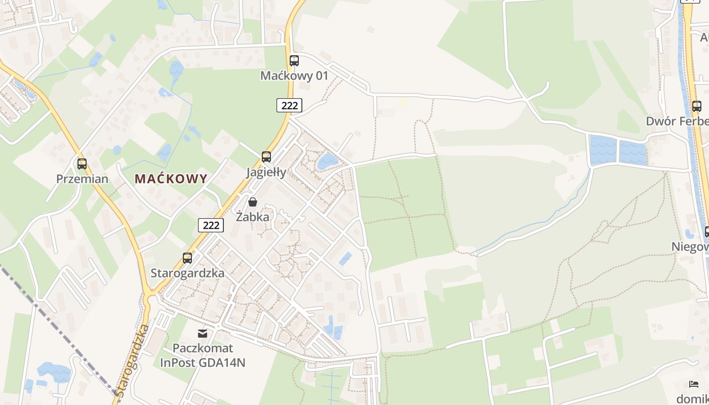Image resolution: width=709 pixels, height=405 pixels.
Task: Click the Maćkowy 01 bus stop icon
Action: click(x=294, y=61)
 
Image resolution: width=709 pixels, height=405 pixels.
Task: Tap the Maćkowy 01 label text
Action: click(x=294, y=76)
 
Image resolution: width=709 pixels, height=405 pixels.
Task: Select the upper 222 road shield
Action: click(x=289, y=105)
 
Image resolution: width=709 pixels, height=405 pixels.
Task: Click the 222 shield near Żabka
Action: click(x=211, y=225)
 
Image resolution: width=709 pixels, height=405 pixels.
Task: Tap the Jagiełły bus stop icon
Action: click(x=266, y=157)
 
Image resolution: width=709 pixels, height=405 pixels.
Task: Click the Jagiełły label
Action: click(x=266, y=172)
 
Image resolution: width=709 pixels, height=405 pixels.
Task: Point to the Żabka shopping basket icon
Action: click(x=253, y=202)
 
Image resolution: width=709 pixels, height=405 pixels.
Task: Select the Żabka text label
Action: click(x=253, y=217)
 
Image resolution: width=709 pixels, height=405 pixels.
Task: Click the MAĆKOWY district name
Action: click(x=171, y=179)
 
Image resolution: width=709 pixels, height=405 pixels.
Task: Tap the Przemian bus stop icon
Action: click(x=82, y=164)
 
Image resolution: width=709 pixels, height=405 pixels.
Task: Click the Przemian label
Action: click(x=82, y=179)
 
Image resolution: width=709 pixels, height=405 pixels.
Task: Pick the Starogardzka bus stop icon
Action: click(x=187, y=258)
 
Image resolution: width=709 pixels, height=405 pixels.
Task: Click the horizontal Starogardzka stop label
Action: click(x=187, y=273)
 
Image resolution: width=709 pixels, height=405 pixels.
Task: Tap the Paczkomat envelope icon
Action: click(x=203, y=333)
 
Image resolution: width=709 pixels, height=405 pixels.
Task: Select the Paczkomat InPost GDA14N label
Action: click(x=203, y=355)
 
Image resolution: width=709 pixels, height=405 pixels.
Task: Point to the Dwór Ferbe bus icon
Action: click(x=697, y=106)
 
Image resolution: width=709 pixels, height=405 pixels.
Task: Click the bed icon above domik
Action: click(x=694, y=384)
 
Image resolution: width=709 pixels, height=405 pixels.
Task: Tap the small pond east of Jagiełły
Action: click(x=327, y=161)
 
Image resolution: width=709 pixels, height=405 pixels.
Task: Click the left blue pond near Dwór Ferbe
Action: click(x=603, y=150)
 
